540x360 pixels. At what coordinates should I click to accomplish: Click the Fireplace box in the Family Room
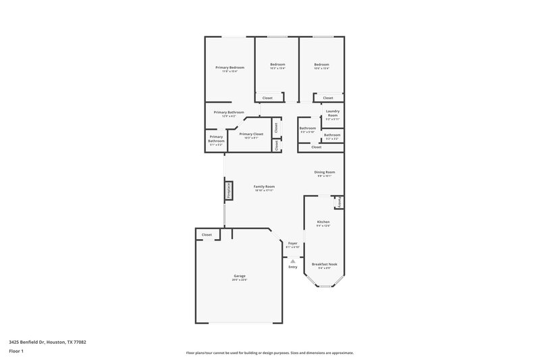pyautogui.click(x=228, y=191)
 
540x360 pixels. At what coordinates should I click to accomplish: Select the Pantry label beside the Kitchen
pyautogui.click(x=340, y=202)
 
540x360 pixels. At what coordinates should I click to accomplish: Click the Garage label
pyautogui.click(x=240, y=276)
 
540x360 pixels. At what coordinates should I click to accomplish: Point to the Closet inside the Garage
pyautogui.click(x=207, y=234)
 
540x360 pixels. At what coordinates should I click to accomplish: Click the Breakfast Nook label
pyautogui.click(x=324, y=264)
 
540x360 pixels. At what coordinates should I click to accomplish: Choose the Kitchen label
pyautogui.click(x=323, y=222)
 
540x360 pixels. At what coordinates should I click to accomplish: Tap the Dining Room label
pyautogui.click(x=324, y=172)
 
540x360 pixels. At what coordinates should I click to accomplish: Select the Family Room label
pyautogui.click(x=264, y=186)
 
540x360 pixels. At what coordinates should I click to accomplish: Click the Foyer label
pyautogui.click(x=292, y=243)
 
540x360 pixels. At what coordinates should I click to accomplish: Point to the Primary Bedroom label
pyautogui.click(x=230, y=68)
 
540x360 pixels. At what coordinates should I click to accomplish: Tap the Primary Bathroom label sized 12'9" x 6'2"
pyautogui.click(x=229, y=112)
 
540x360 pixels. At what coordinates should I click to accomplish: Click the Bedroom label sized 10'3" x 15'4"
pyautogui.click(x=277, y=65)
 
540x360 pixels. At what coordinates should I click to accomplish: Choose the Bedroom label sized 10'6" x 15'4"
pyautogui.click(x=321, y=65)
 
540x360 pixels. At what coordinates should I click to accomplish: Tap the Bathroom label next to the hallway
pyautogui.click(x=308, y=128)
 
